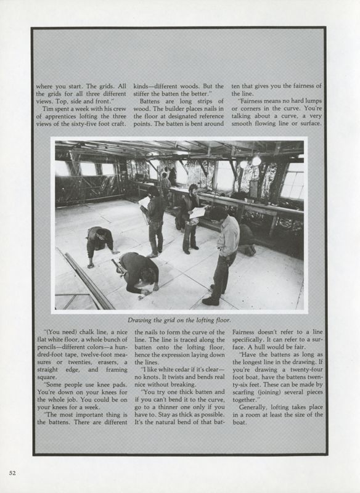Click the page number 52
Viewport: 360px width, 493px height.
point(12,473)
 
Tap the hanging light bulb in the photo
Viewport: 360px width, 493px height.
point(256,161)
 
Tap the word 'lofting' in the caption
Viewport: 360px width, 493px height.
point(202,320)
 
